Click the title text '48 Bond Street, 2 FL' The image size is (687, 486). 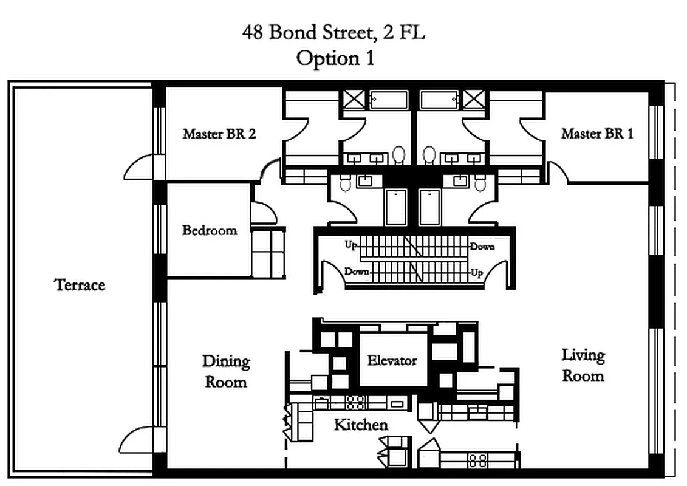333,33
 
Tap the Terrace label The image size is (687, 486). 80,285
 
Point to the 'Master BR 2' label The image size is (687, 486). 219,134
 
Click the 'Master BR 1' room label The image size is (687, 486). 597,134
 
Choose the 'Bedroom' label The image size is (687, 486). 210,231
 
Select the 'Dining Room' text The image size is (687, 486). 226,371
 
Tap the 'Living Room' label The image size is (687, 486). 583,364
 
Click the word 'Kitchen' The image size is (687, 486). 361,425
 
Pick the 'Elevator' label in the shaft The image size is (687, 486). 392,360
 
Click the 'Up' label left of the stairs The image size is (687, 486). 350,245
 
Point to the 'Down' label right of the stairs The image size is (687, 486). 482,247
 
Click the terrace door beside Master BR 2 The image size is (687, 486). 138,167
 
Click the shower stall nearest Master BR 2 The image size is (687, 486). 353,98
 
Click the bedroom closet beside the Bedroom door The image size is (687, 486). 268,252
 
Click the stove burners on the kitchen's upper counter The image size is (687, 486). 355,402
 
